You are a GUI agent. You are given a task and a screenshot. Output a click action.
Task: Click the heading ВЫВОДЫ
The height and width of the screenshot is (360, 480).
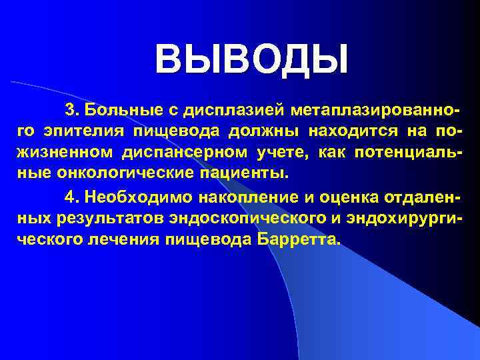click(251, 58)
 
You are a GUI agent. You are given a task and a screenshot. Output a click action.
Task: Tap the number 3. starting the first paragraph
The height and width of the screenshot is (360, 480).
click(72, 108)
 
